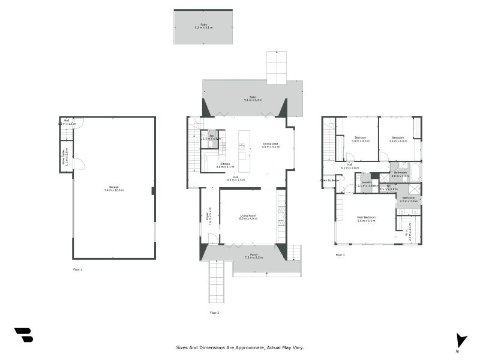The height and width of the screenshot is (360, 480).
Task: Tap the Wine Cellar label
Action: point(66,156)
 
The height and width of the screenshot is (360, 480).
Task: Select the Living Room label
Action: point(248,217)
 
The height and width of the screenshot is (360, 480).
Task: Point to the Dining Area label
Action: point(271,145)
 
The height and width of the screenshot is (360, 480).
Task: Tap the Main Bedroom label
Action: point(366,219)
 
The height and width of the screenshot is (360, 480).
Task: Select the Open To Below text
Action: point(329,180)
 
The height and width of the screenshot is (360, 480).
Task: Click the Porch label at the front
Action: point(254,256)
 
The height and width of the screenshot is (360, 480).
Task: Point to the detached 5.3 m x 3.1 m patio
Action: point(203,26)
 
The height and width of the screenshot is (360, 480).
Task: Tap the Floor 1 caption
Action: point(77,269)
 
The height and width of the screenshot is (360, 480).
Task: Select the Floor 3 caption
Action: point(340,255)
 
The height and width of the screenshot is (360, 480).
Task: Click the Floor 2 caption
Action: point(214,313)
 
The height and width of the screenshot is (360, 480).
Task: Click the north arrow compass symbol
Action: point(460,340)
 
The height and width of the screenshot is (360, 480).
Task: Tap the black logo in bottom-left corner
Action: point(23,335)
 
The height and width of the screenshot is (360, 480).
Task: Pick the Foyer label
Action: point(209,216)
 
